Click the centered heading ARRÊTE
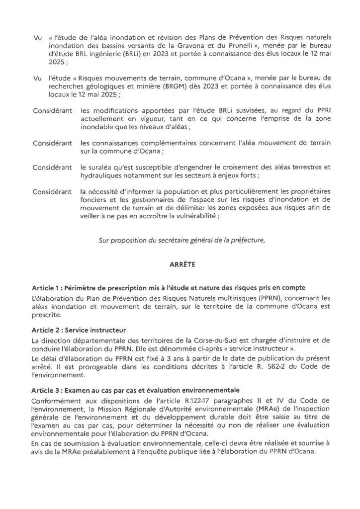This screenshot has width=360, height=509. coord(180,265)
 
